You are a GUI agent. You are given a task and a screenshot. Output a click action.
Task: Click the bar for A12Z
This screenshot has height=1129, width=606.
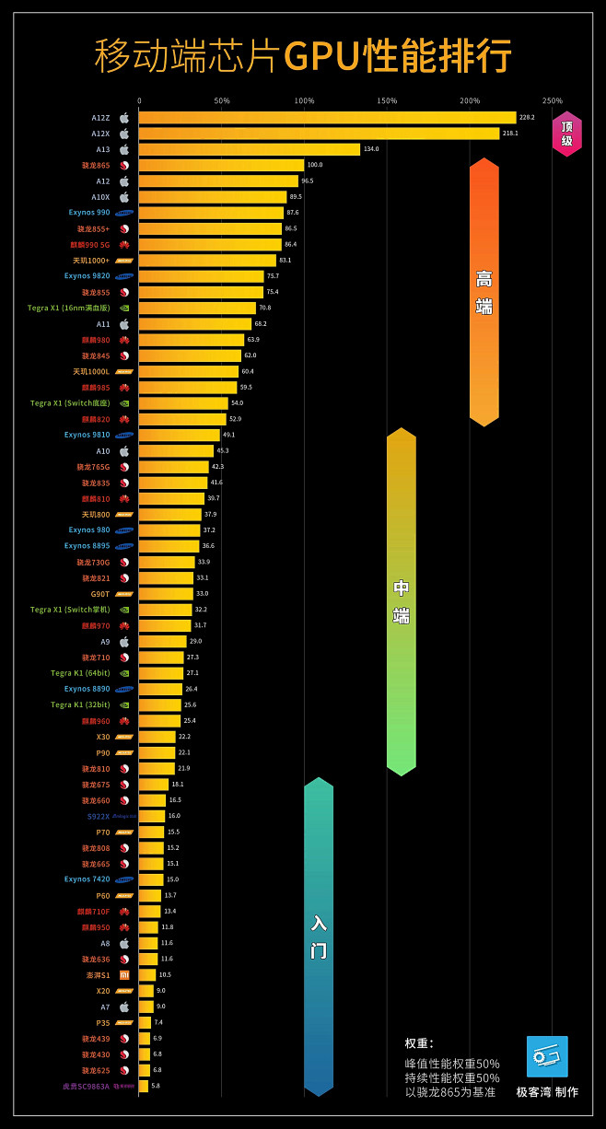tap(327, 118)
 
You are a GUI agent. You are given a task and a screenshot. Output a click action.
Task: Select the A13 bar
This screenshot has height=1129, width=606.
tap(249, 149)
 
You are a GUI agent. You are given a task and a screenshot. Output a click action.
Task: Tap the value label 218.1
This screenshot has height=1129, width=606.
tap(510, 134)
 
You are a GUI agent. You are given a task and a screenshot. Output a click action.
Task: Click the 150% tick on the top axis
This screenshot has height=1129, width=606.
tap(387, 100)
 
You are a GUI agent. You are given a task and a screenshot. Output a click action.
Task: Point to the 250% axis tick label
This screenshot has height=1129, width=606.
tap(552, 100)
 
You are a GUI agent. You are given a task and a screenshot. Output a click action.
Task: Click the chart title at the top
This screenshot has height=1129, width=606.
tap(303, 55)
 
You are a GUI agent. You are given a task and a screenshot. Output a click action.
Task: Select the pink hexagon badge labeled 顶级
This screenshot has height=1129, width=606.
tap(566, 134)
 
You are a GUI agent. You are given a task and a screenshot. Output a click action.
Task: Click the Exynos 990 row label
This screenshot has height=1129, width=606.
tap(88, 213)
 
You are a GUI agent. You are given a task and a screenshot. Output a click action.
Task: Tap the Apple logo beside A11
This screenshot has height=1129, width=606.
tap(124, 324)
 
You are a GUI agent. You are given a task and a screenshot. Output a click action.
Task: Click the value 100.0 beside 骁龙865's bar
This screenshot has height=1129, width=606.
tap(315, 165)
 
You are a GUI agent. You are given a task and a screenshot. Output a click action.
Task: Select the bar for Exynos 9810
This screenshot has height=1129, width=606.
tap(180, 435)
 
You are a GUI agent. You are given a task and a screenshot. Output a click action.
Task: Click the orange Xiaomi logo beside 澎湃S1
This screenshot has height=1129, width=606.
tap(124, 974)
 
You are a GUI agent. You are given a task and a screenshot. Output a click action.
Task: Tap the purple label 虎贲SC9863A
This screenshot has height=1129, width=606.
tap(86, 1087)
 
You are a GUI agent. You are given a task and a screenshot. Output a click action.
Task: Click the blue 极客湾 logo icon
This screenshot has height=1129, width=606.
tap(547, 1056)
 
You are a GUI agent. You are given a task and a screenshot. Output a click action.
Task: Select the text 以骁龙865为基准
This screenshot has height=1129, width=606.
tap(450, 1092)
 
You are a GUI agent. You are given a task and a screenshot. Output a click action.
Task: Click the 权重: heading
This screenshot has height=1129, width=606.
tap(419, 1043)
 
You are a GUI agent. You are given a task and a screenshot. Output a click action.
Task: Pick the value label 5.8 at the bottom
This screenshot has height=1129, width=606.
tap(156, 1087)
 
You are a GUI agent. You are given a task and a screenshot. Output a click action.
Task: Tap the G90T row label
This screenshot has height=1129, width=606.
tap(99, 594)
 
